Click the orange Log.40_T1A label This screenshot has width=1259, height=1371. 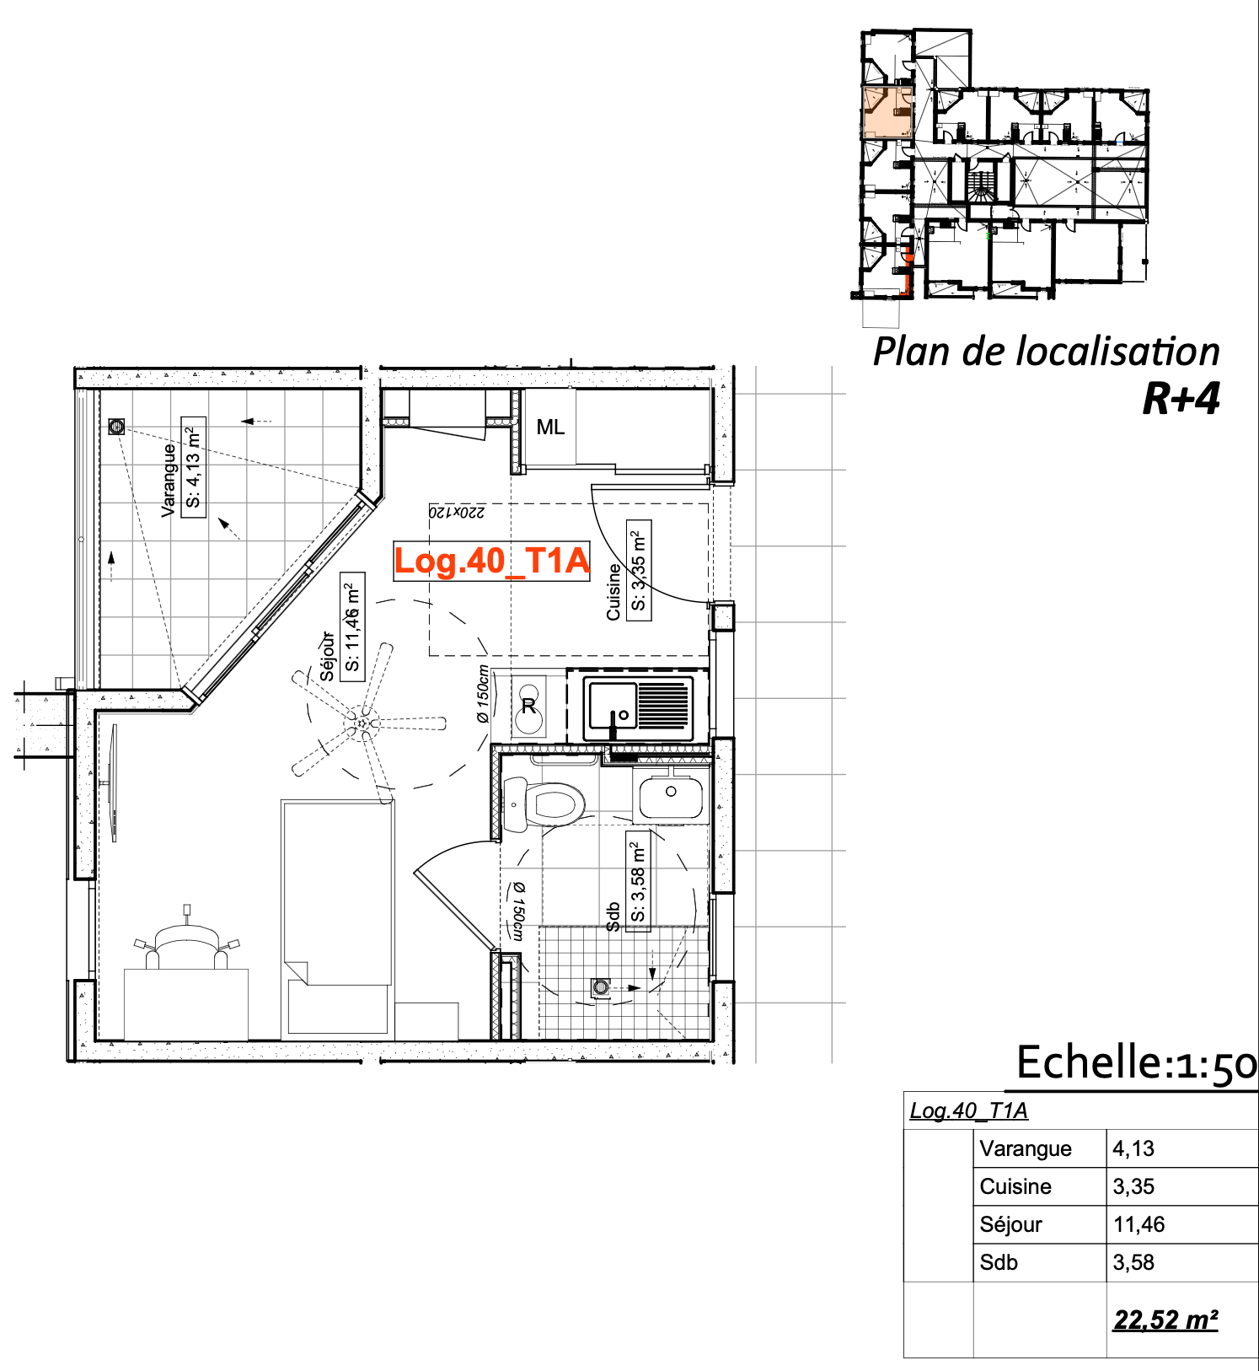(492, 561)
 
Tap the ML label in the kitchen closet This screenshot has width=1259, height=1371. (550, 427)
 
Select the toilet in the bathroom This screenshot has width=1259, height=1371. (544, 804)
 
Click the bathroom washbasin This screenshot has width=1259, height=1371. (671, 794)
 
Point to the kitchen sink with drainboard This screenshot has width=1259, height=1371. (639, 707)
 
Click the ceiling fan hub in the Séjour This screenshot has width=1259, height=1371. (363, 723)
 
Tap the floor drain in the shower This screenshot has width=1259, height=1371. (601, 987)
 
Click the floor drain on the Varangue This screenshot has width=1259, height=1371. (116, 427)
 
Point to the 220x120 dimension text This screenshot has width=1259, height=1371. (457, 512)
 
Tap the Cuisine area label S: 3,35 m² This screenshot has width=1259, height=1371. (639, 570)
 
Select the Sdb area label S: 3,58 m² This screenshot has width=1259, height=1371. (638, 880)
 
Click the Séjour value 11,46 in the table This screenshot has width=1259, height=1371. (1138, 1224)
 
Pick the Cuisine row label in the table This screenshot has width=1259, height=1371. (1015, 1186)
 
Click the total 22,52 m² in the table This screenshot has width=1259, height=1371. (1165, 1320)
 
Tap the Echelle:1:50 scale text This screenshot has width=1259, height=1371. (1137, 1062)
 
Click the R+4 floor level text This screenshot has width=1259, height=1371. (1181, 399)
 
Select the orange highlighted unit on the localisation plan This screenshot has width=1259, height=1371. (887, 111)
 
